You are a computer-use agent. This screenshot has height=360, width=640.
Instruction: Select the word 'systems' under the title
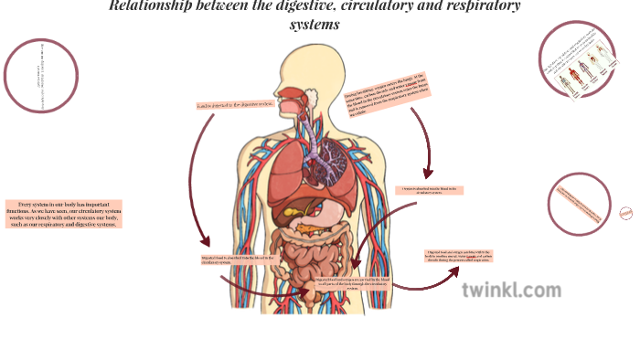point(315,25)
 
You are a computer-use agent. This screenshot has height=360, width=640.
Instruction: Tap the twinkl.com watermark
point(511,291)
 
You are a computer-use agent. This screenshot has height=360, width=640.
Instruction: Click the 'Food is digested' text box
point(234,104)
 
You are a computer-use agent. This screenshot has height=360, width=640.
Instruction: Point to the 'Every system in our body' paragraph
point(63,213)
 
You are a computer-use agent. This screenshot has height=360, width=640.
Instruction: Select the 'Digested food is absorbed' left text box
point(237,260)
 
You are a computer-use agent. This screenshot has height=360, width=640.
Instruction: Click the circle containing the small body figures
point(578,61)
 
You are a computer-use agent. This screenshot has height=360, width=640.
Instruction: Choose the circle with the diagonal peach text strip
point(580,203)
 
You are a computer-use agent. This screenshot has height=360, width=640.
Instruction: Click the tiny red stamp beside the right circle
point(626,213)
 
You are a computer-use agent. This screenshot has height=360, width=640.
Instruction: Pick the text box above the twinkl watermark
point(460,256)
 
